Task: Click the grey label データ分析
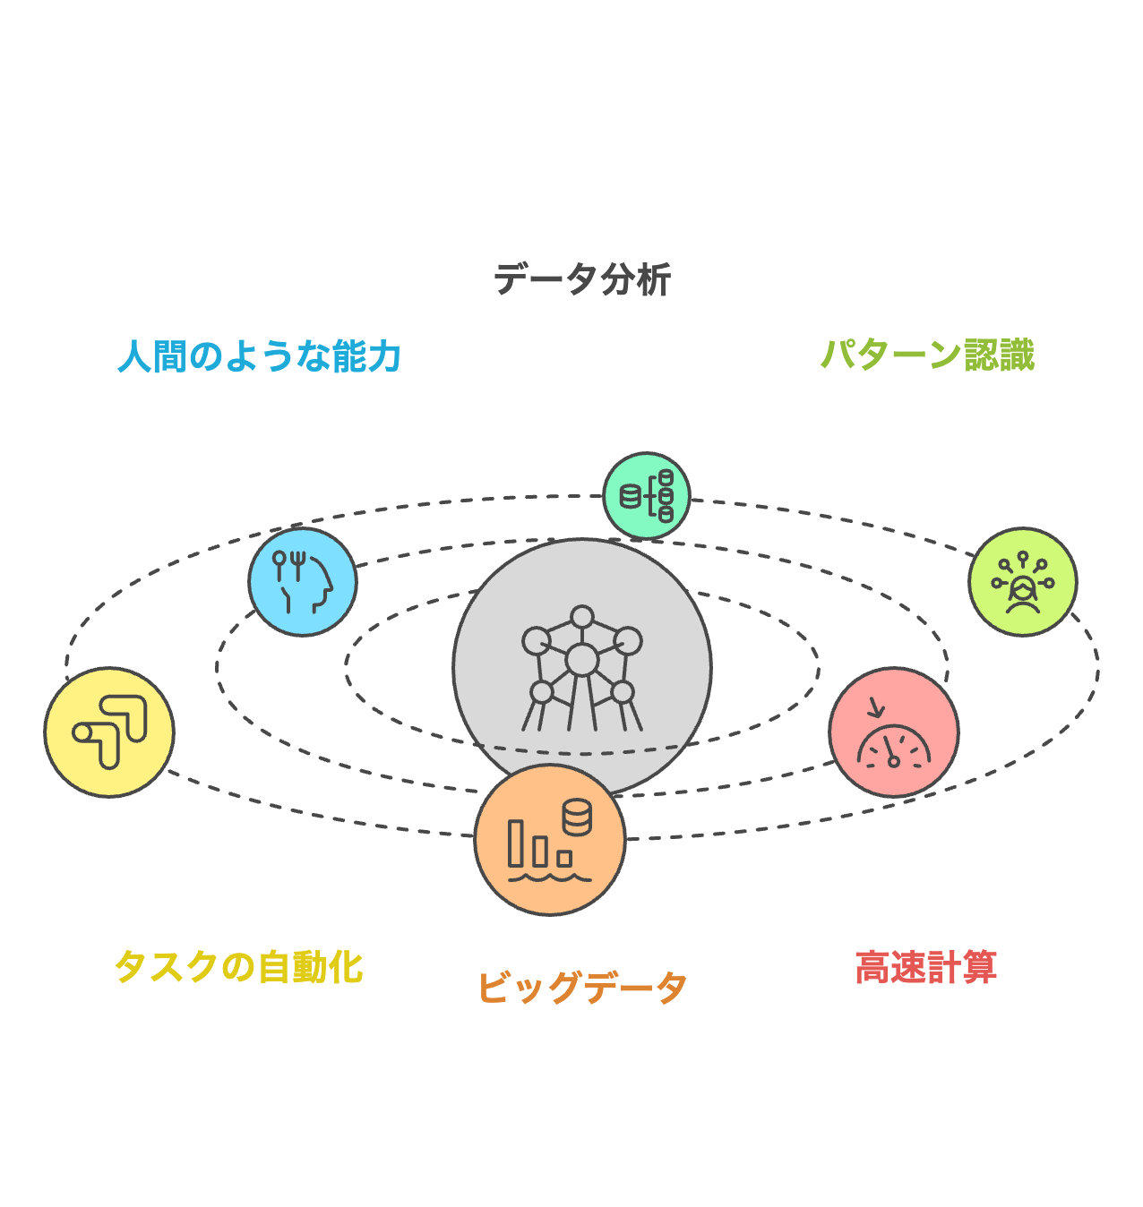click(582, 279)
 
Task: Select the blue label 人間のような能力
click(259, 356)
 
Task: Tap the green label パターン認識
click(927, 355)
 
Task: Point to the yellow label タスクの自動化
click(238, 967)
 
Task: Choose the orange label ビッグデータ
click(582, 988)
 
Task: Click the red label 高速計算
click(926, 967)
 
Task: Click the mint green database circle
click(647, 495)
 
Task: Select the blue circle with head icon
click(303, 582)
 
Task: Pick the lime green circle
click(1022, 582)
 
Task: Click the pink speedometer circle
click(893, 732)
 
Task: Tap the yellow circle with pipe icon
click(109, 732)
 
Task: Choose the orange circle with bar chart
click(549, 840)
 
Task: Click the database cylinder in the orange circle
click(577, 817)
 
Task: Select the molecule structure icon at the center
click(582, 667)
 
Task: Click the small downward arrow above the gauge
click(875, 707)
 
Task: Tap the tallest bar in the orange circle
click(516, 843)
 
